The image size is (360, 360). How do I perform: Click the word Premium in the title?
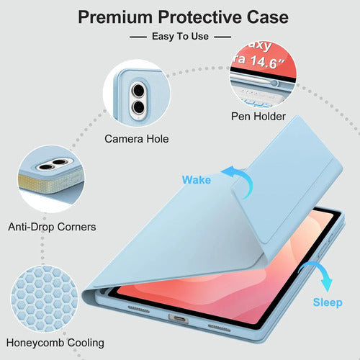click(115, 17)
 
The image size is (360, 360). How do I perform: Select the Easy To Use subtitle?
click(180, 37)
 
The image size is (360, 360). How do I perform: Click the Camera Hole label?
click(137, 139)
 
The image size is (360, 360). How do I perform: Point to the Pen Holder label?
click(258, 117)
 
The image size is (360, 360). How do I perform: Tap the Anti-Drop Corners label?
click(52, 227)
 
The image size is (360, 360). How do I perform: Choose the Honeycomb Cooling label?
click(55, 343)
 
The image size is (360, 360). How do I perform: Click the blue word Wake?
click(197, 180)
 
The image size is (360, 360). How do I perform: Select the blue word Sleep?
click(328, 302)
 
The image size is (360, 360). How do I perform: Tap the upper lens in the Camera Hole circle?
click(138, 90)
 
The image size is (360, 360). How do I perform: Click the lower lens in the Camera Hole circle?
click(138, 107)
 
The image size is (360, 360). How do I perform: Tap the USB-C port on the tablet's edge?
click(179, 319)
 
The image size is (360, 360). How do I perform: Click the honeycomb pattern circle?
click(45, 299)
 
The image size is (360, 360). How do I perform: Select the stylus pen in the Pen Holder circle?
click(254, 79)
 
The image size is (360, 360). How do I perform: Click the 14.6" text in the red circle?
click(267, 62)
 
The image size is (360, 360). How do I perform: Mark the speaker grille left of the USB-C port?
click(138, 309)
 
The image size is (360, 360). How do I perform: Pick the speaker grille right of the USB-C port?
click(219, 328)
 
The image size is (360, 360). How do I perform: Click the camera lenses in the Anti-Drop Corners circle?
click(53, 164)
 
